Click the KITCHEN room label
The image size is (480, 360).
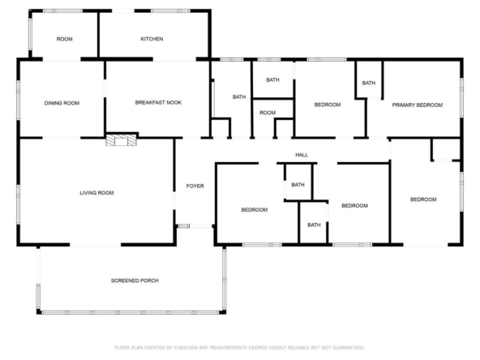click(152, 39)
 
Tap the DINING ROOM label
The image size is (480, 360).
click(62, 103)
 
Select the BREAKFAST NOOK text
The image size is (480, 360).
click(158, 102)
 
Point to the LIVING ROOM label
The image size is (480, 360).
click(96, 193)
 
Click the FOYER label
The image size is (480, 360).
click(195, 186)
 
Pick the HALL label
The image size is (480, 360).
click(302, 155)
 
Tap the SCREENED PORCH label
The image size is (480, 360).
click(135, 281)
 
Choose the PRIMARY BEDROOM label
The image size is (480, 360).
click(418, 105)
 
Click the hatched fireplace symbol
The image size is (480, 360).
click(122, 139)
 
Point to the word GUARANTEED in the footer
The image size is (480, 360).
click(349, 348)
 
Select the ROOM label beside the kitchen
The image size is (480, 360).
click(65, 39)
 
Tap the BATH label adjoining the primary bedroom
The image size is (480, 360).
click(369, 83)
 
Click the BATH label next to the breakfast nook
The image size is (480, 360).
click(239, 97)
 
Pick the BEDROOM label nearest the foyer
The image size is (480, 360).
click(255, 210)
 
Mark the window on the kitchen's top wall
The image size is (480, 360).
click(170, 11)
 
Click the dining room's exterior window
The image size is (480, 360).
click(19, 100)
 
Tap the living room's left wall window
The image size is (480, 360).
click(19, 204)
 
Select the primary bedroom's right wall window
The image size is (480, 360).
click(461, 97)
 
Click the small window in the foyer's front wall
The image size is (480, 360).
click(184, 226)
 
